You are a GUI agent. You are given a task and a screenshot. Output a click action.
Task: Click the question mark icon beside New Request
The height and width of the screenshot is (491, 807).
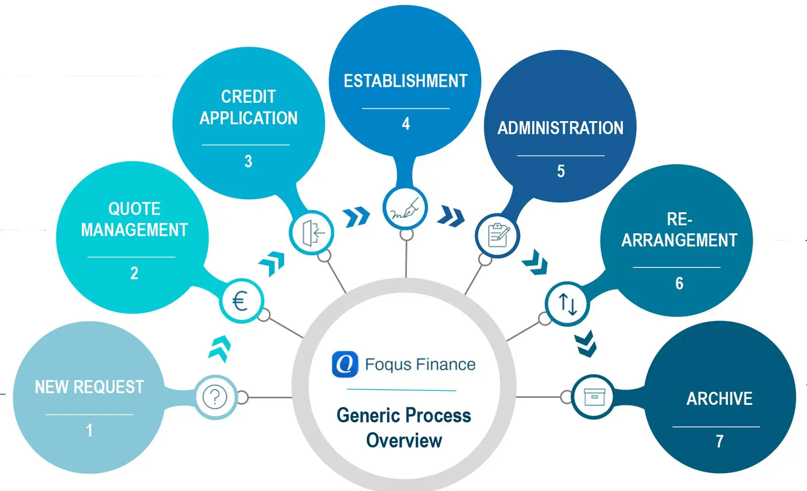[215, 397]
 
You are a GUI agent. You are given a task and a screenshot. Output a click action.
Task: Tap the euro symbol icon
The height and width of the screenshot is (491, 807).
[241, 300]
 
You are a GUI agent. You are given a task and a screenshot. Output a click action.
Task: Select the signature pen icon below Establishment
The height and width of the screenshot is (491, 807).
[405, 208]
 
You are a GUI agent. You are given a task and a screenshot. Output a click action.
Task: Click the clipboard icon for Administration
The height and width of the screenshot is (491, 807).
[497, 235]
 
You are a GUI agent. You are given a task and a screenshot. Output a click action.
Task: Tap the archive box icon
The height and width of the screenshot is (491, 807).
[594, 397]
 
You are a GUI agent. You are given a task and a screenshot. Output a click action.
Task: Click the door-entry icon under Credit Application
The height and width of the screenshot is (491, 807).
[312, 233]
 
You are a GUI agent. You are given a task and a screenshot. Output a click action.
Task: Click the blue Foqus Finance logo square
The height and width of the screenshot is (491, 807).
[345, 364]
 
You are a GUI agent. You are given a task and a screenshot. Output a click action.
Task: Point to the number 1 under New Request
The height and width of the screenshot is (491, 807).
[89, 430]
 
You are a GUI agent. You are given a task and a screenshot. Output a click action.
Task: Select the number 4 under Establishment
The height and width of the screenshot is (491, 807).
[406, 124]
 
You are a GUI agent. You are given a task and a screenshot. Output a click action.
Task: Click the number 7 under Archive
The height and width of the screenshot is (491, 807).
[719, 441]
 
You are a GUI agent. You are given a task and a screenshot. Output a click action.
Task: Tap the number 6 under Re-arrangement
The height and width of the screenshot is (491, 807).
[679, 283]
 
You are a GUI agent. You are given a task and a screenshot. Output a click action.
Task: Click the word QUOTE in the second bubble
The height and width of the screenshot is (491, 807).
[135, 209]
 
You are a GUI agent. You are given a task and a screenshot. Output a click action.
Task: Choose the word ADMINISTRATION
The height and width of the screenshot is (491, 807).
[560, 128]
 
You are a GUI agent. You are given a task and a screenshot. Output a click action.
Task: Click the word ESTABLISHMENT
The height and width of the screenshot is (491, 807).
[405, 81]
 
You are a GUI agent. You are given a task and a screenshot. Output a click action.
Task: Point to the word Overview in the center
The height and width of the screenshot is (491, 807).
[404, 440]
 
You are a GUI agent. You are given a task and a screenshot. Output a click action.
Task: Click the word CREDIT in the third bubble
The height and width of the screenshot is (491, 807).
[248, 97]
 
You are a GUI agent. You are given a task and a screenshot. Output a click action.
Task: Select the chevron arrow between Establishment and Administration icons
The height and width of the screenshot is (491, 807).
[451, 216]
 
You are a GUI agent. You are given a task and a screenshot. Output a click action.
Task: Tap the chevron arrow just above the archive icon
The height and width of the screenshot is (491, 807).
[586, 345]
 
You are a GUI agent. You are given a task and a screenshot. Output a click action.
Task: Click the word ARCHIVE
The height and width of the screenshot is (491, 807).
[719, 399]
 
